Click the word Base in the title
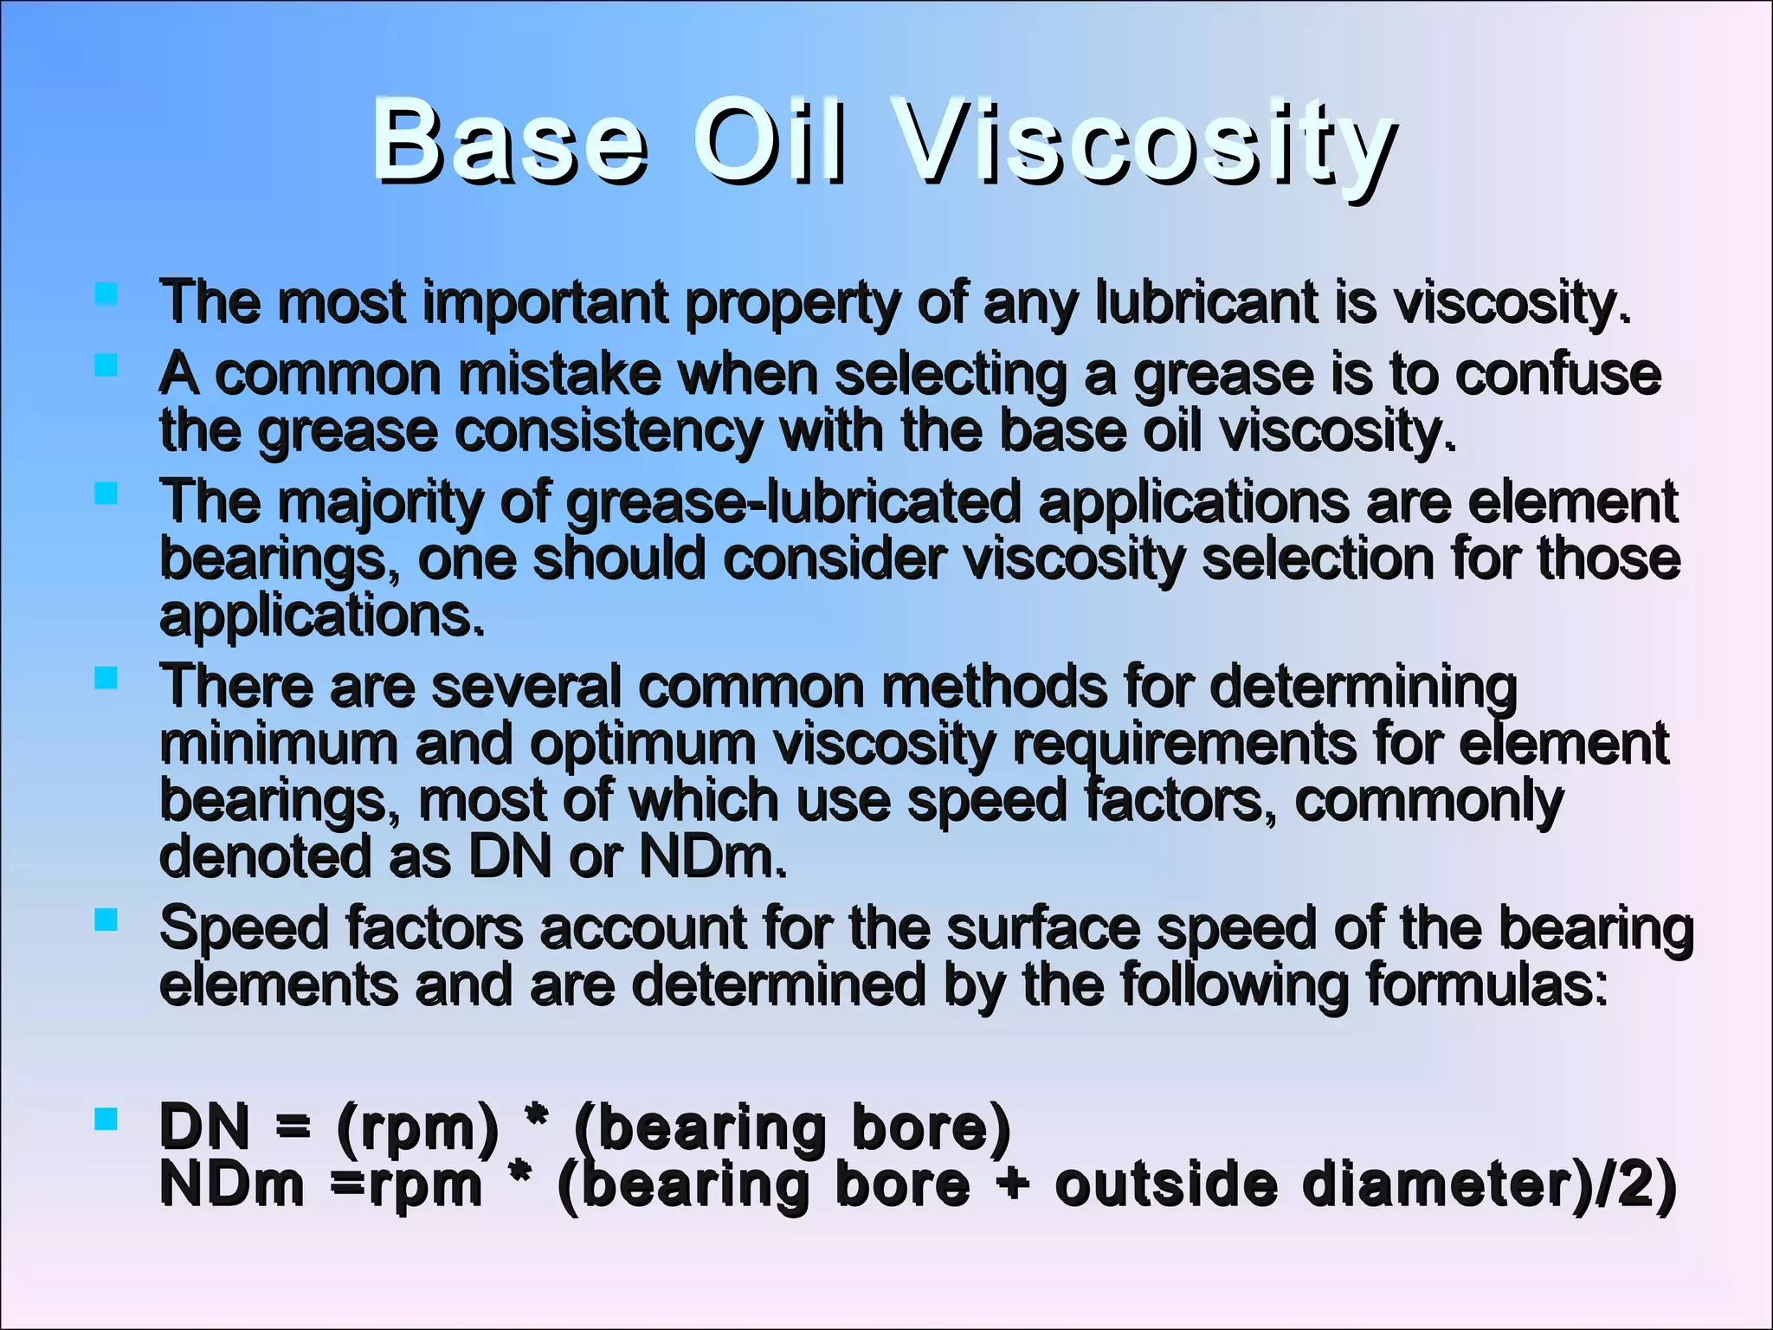tap(509, 141)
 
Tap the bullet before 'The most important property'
tap(106, 294)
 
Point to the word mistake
tap(558, 375)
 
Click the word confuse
tap(1557, 375)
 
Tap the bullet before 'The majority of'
tap(106, 494)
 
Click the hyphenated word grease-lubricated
tap(794, 503)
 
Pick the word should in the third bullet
tap(619, 559)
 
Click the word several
tap(525, 687)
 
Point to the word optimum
tap(642, 744)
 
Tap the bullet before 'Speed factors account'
tap(106, 920)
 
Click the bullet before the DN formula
tap(106, 1119)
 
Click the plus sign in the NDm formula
tap(1012, 1185)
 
